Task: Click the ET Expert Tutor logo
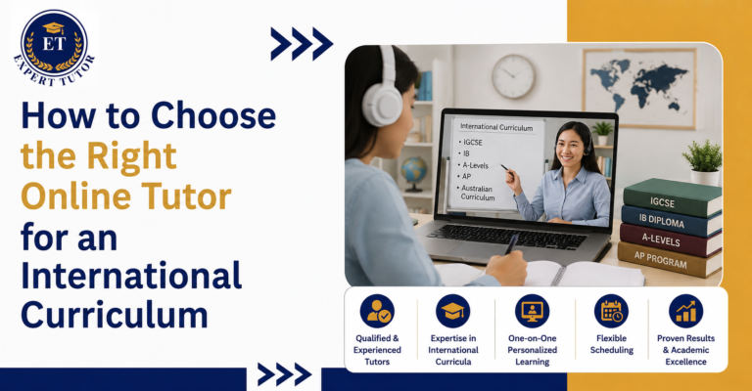(54, 47)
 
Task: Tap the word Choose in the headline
(213, 116)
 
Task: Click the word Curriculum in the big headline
(115, 315)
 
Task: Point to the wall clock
(513, 76)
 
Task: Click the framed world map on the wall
(638, 88)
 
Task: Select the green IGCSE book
(672, 197)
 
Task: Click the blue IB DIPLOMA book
(671, 221)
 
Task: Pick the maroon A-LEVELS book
(670, 240)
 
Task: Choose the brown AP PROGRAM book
(669, 260)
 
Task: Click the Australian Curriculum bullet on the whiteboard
(476, 193)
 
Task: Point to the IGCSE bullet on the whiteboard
(470, 142)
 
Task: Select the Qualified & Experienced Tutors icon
(377, 312)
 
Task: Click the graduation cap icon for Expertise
(452, 312)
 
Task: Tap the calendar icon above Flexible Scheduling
(611, 312)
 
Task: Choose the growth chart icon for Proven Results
(685, 312)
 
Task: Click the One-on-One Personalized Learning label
(533, 350)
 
